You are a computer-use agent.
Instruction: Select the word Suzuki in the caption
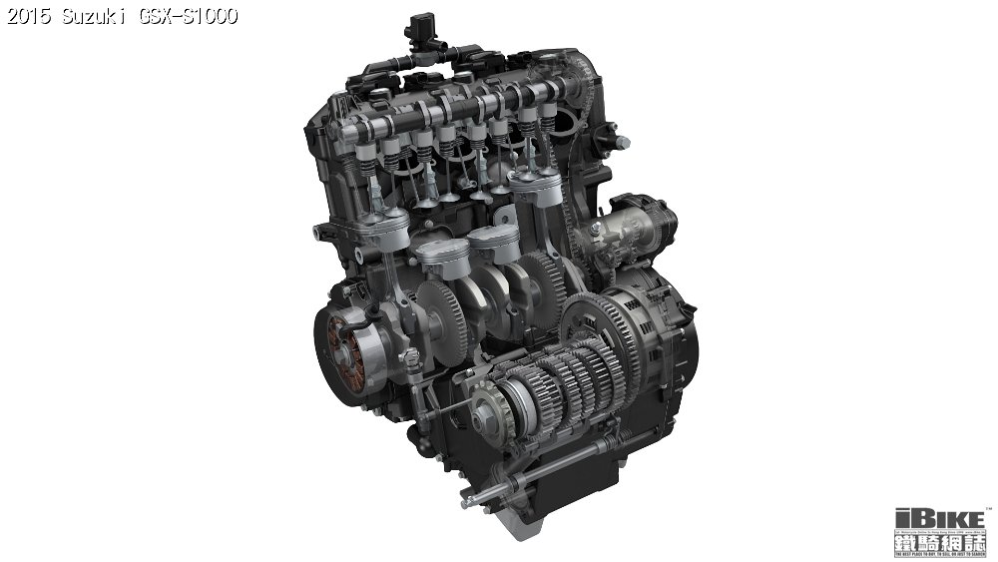click(93, 16)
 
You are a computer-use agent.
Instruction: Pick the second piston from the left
click(440, 252)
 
